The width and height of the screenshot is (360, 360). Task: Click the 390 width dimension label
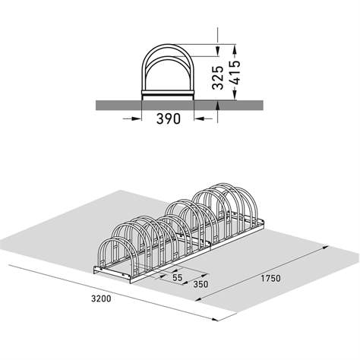168,120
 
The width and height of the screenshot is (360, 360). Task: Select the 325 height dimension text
217,76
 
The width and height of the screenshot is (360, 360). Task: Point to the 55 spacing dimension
177,279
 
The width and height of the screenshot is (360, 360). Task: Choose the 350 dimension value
200,285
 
